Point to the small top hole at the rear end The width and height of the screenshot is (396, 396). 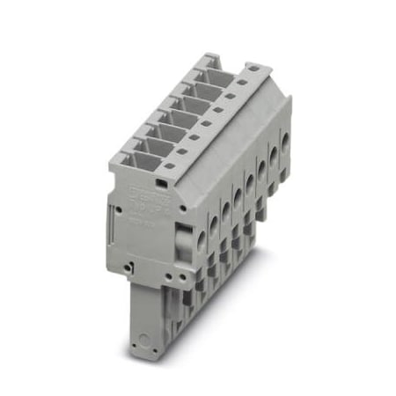point(251,68)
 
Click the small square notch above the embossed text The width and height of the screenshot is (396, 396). point(162,181)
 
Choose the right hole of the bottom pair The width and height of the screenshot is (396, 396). point(187,272)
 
